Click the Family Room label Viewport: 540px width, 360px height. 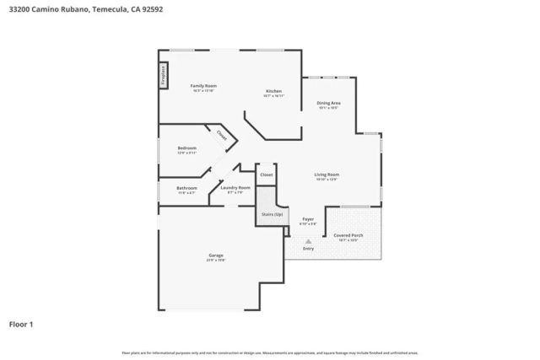pyautogui.click(x=203, y=86)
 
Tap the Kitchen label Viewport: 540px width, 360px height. pyautogui.click(x=273, y=91)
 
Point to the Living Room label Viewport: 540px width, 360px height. pyautogui.click(x=327, y=175)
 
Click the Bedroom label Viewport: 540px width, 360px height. pyautogui.click(x=186, y=148)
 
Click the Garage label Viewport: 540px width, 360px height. pyautogui.click(x=216, y=255)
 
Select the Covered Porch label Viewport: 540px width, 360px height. pyautogui.click(x=348, y=235)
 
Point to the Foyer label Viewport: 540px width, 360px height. pyautogui.click(x=308, y=218)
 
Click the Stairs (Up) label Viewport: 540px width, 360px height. pyautogui.click(x=271, y=214)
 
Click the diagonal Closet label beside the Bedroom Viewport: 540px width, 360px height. pyautogui.click(x=221, y=135)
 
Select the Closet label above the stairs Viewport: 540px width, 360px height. pyautogui.click(x=266, y=175)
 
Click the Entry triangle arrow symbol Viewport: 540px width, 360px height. pyautogui.click(x=308, y=240)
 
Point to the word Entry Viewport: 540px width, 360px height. pyautogui.click(x=308, y=249)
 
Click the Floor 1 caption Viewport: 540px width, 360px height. pyautogui.click(x=22, y=324)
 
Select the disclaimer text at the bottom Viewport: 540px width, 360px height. pyautogui.click(x=270, y=352)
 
